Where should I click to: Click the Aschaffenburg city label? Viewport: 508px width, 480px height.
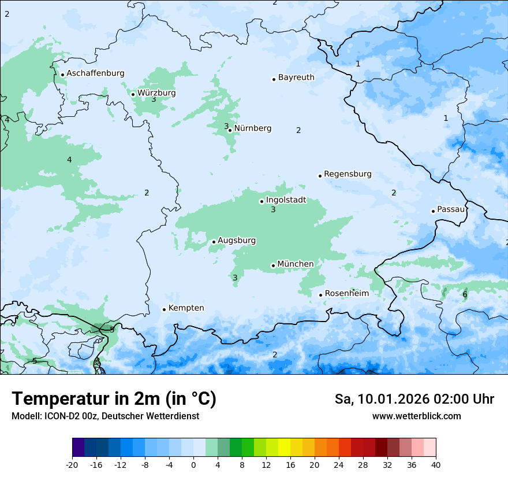pyautogui.click(x=95, y=73)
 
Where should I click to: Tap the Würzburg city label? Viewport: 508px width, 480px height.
pyautogui.click(x=156, y=93)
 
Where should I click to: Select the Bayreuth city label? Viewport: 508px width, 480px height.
pyautogui.click(x=296, y=77)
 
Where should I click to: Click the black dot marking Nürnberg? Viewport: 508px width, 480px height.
pyautogui.click(x=230, y=130)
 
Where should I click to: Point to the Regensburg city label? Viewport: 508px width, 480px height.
pyautogui.click(x=348, y=174)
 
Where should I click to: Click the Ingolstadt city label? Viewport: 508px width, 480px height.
pyautogui.click(x=286, y=200)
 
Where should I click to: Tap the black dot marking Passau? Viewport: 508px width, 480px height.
pyautogui.click(x=433, y=211)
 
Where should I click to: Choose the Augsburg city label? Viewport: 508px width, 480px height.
pyautogui.click(x=237, y=241)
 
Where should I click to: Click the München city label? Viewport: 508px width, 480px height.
pyautogui.click(x=296, y=264)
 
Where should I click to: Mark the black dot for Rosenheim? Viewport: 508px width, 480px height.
pyautogui.click(x=320, y=295)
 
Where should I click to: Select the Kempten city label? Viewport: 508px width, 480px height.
pyautogui.click(x=186, y=308)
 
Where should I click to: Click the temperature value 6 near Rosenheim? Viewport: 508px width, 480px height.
pyautogui.click(x=465, y=295)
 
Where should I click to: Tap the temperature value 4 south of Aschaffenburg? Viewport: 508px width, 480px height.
pyautogui.click(x=69, y=160)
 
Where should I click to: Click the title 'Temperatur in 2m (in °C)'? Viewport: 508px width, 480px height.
pyautogui.click(x=114, y=399)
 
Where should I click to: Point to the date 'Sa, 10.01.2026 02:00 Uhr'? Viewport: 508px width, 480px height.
pyautogui.click(x=414, y=399)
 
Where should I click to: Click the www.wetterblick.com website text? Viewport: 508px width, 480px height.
pyautogui.click(x=416, y=416)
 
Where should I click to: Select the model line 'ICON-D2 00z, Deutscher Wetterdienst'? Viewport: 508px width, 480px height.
pyautogui.click(x=105, y=416)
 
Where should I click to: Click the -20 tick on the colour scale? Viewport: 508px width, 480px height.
pyautogui.click(x=72, y=464)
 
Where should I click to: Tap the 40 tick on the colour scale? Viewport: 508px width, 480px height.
pyautogui.click(x=436, y=464)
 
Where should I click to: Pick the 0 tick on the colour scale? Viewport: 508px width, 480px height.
pyautogui.click(x=193, y=464)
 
